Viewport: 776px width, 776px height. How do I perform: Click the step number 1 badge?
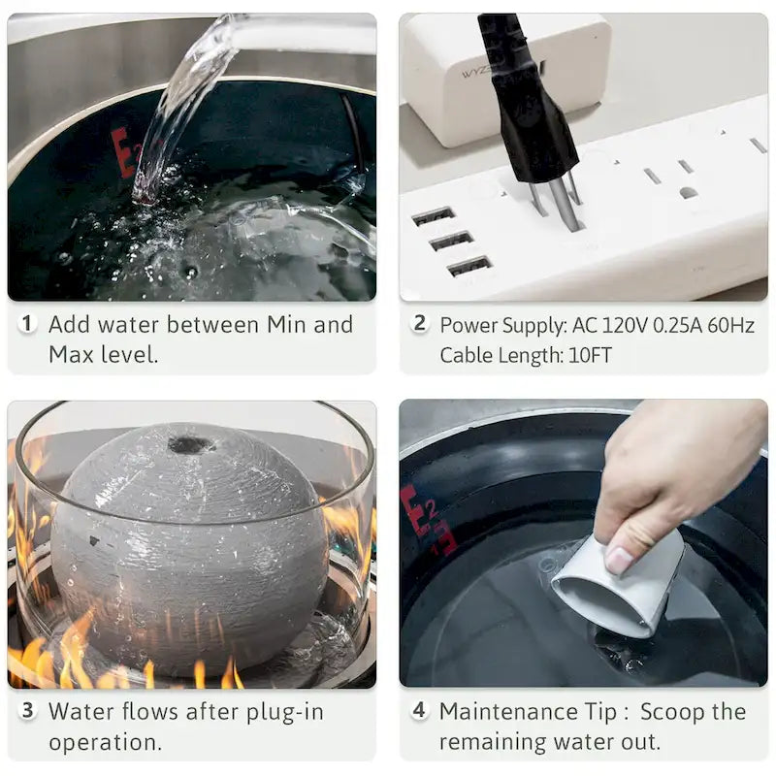click(27, 324)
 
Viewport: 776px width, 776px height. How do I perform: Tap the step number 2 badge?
click(419, 324)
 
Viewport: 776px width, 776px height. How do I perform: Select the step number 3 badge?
click(27, 711)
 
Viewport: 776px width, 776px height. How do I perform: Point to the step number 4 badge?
click(419, 711)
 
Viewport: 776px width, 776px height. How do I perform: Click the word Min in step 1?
click(287, 325)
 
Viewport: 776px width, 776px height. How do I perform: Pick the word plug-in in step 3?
click(285, 713)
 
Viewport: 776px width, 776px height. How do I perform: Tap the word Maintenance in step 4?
click(508, 712)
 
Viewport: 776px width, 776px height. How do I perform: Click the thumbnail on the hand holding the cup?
click(620, 560)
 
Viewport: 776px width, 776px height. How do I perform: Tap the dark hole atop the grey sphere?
click(191, 444)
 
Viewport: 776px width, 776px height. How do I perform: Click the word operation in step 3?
click(105, 743)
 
